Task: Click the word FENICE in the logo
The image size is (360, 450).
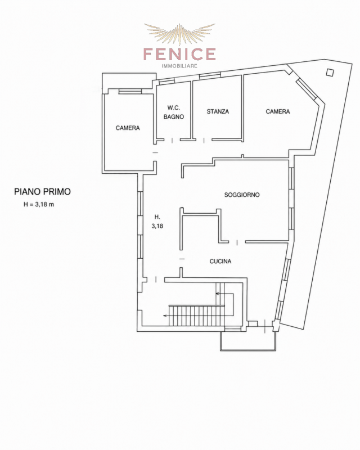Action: coord(179,54)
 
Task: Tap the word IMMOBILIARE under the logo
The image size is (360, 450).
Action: coord(179,66)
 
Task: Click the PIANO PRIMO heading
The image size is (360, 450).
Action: coord(43,192)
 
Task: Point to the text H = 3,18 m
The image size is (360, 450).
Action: coord(39,205)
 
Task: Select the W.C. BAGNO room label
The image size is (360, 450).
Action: coord(174,112)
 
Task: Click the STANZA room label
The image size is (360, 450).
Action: coord(218,111)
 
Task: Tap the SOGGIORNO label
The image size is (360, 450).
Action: coord(242,195)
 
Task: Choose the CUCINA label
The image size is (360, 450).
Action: coord(220,261)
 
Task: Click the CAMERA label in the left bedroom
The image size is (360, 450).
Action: coord(128,128)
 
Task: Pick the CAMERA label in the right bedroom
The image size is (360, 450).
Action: coord(278,111)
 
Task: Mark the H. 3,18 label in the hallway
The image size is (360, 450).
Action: coord(157,221)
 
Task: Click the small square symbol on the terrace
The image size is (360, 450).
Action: coord(330,73)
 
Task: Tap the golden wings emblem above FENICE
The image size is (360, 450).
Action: coord(179,34)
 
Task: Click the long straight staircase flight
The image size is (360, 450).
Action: coord(197,316)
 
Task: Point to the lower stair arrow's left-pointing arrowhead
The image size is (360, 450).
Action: coord(165,316)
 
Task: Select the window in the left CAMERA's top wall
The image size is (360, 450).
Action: coord(130,91)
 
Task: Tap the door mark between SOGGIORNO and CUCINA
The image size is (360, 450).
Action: coord(237,242)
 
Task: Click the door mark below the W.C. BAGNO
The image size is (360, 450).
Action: coord(172,140)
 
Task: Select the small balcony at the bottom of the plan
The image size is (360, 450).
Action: coord(248,341)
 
